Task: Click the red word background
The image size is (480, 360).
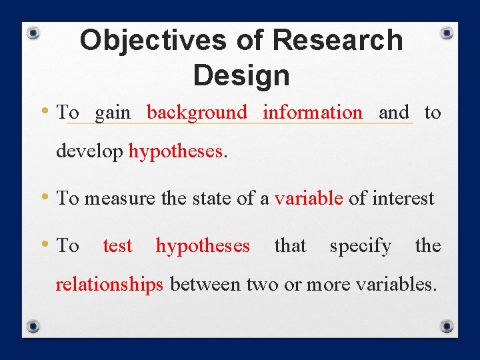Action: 197,113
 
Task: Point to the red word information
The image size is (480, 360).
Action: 313,113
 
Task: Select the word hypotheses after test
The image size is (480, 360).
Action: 203,246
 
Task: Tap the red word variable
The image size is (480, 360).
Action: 309,198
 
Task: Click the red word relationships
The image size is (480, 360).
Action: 109,284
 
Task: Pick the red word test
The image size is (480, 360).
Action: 117,246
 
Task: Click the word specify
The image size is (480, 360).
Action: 360,246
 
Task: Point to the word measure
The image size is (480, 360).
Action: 117,198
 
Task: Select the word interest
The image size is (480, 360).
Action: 403,198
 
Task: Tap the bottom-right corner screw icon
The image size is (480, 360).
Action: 447,327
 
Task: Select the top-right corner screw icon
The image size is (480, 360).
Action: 447,32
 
